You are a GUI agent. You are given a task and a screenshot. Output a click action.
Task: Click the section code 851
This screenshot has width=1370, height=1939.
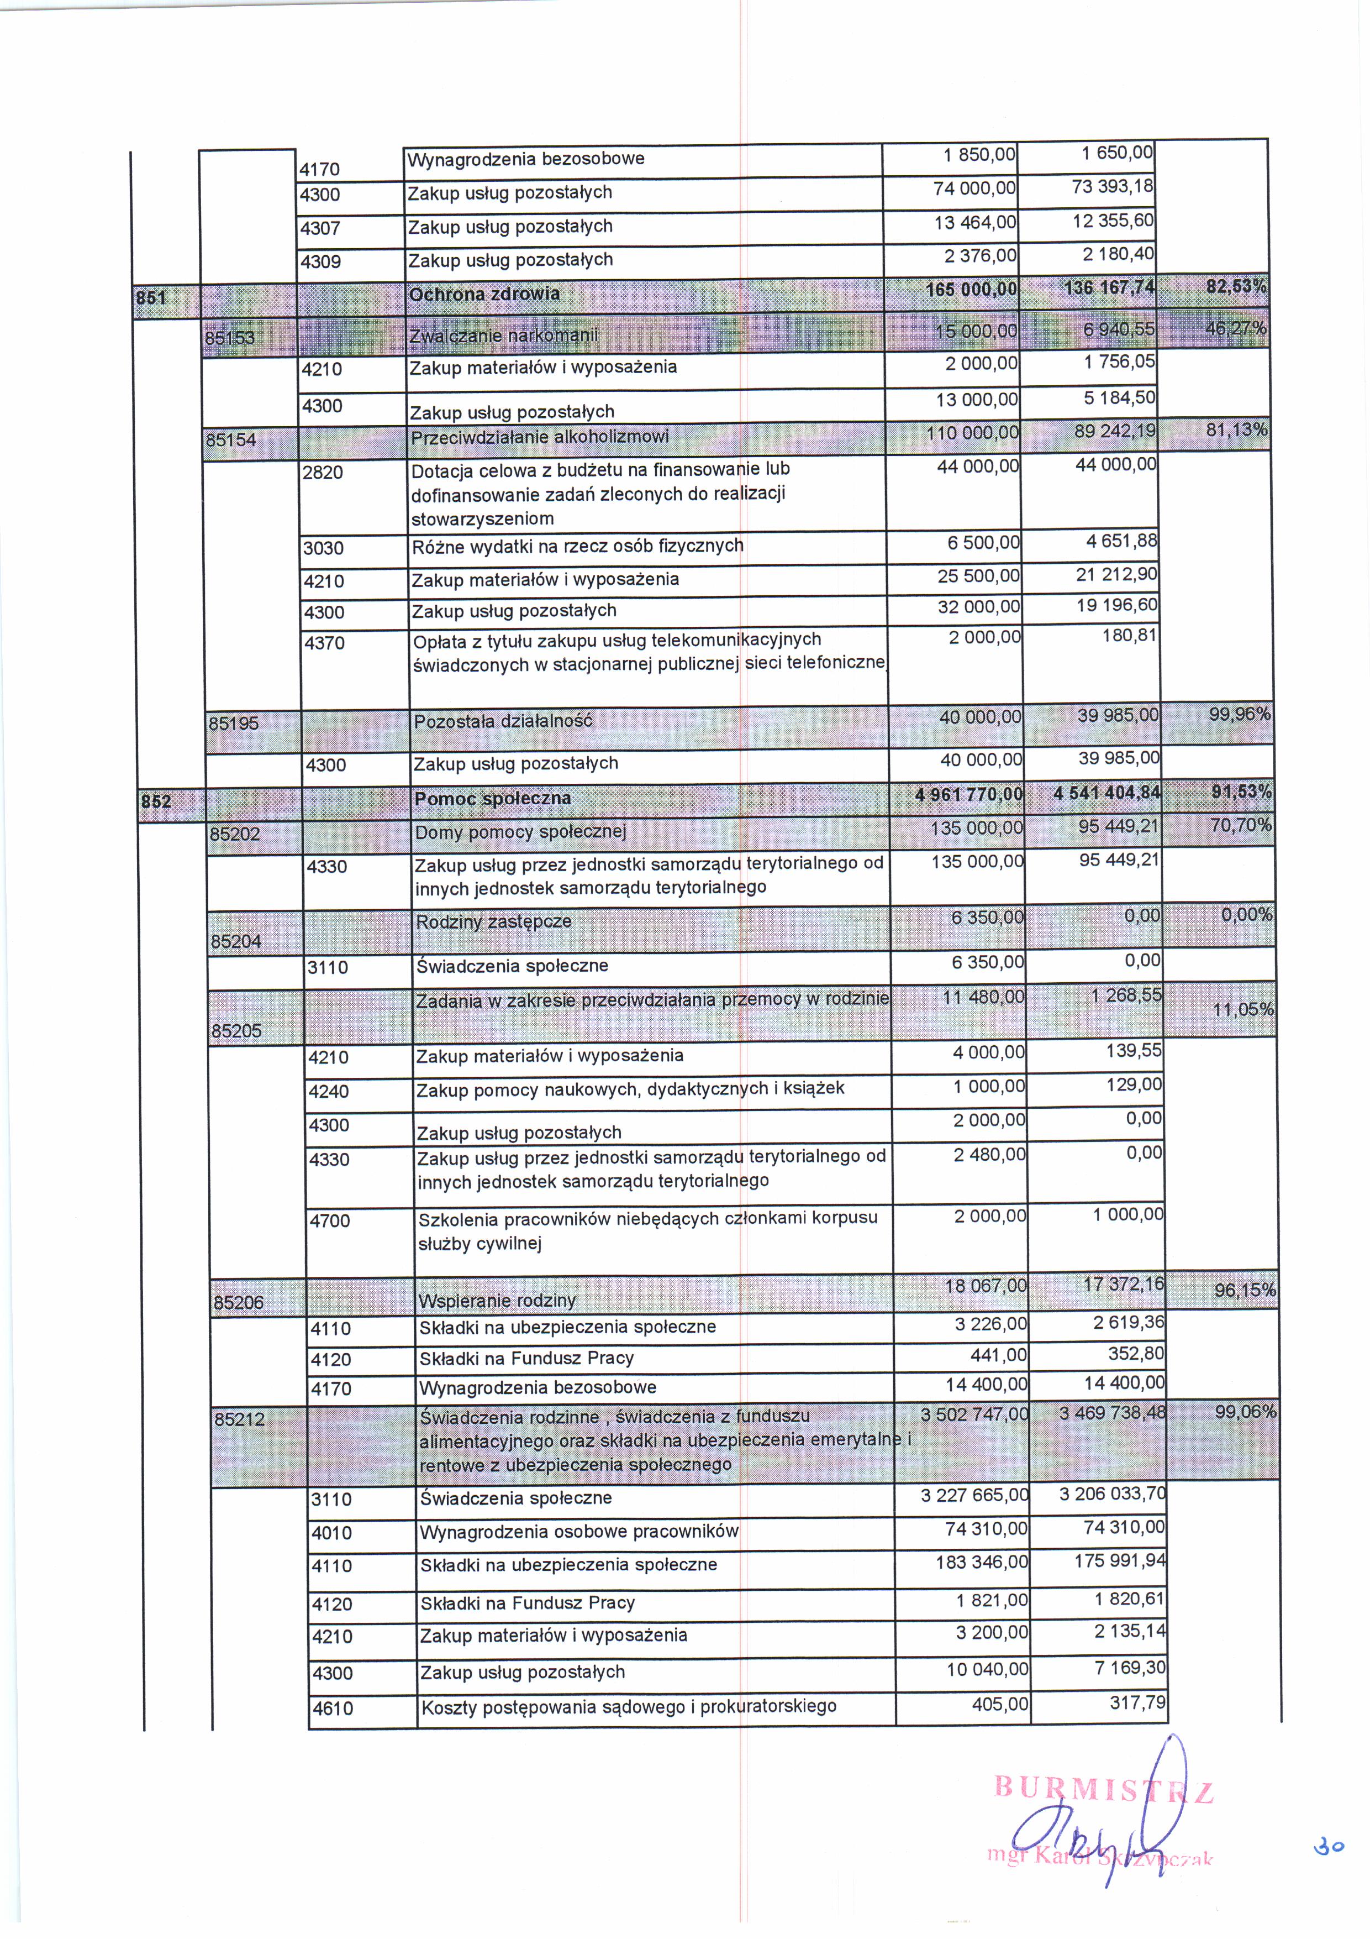(x=152, y=297)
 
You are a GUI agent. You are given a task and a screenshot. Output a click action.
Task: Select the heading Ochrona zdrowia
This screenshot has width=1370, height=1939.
(x=484, y=294)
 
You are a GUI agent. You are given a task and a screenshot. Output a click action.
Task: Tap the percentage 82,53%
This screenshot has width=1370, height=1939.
(x=1236, y=287)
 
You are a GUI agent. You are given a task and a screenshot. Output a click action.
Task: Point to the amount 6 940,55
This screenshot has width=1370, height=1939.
(x=1119, y=329)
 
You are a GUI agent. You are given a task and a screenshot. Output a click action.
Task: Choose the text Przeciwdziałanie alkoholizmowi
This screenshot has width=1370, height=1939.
(x=539, y=437)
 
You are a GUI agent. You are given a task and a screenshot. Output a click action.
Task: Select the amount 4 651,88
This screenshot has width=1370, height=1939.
(x=1121, y=541)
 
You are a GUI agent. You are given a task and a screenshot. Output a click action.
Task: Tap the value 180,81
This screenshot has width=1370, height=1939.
(x=1129, y=635)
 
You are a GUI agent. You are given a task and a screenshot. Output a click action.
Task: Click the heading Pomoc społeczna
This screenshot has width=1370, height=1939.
(x=492, y=798)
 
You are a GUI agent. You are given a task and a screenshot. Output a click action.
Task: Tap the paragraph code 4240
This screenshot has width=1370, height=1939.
(x=329, y=1091)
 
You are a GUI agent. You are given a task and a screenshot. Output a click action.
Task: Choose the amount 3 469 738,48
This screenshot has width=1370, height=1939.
(x=1111, y=1413)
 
